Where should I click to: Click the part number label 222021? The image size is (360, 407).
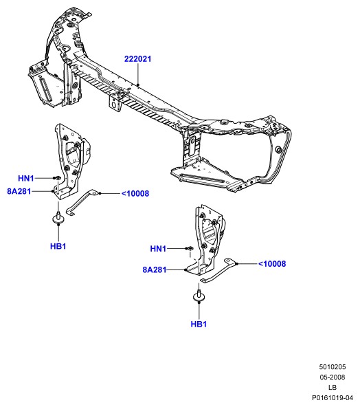(x=137, y=59)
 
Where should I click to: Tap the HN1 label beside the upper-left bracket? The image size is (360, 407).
(x=26, y=178)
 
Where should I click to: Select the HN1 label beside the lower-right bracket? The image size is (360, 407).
(x=158, y=249)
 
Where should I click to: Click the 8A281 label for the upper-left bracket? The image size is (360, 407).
(x=19, y=191)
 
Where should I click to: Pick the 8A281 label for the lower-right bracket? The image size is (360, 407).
(x=155, y=269)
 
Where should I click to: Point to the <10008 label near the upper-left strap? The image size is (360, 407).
(x=135, y=193)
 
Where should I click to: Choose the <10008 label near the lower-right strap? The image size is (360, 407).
(x=272, y=264)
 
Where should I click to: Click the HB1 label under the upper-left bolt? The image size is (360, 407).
(x=58, y=246)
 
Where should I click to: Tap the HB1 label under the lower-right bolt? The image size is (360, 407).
(x=199, y=324)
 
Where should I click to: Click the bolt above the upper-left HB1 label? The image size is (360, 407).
(x=58, y=217)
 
